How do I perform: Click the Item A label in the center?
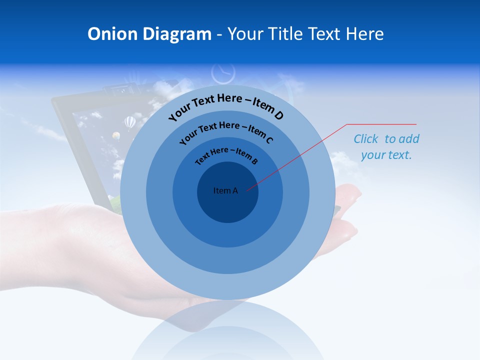(x=225, y=190)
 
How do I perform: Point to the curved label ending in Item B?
(x=226, y=155)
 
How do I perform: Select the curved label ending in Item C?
(x=226, y=132)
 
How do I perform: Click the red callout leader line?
(x=300, y=155)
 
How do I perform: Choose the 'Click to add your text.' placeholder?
(x=386, y=147)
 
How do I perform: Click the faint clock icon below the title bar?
(x=223, y=73)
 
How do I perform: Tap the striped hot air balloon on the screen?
(x=130, y=121)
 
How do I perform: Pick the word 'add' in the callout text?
(x=409, y=139)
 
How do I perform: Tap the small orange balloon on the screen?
(x=116, y=135)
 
